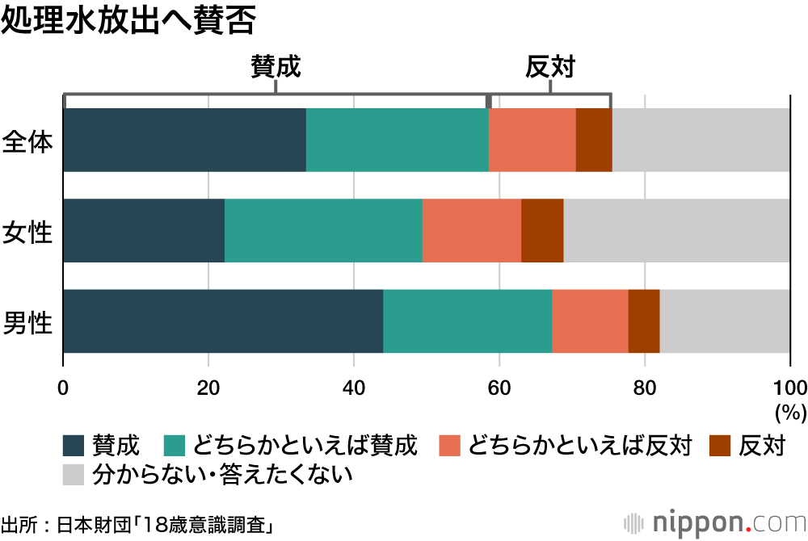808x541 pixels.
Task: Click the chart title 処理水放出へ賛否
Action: pos(128,22)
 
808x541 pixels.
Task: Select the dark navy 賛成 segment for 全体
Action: pos(184,140)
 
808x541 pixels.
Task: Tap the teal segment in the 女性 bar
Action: pos(323,230)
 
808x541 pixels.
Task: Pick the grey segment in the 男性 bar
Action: pos(725,321)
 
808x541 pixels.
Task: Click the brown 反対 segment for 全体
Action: pos(594,140)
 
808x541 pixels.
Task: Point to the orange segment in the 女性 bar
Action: pos(472,230)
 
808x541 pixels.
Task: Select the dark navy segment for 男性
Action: pos(223,321)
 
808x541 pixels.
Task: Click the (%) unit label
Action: pos(790,413)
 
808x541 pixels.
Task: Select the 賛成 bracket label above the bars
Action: pos(276,67)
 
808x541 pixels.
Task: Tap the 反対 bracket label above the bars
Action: pos(549,67)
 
